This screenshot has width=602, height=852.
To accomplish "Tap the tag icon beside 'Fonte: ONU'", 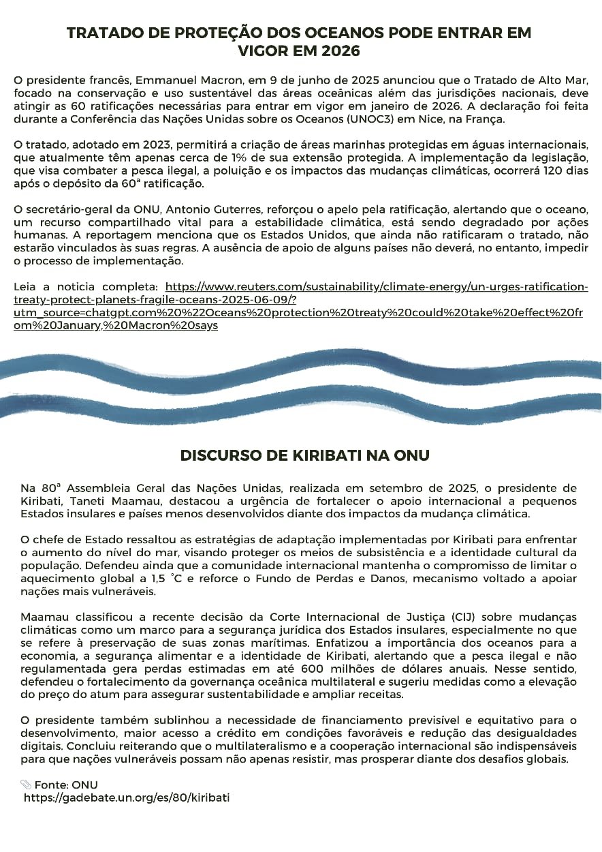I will [26, 785].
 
